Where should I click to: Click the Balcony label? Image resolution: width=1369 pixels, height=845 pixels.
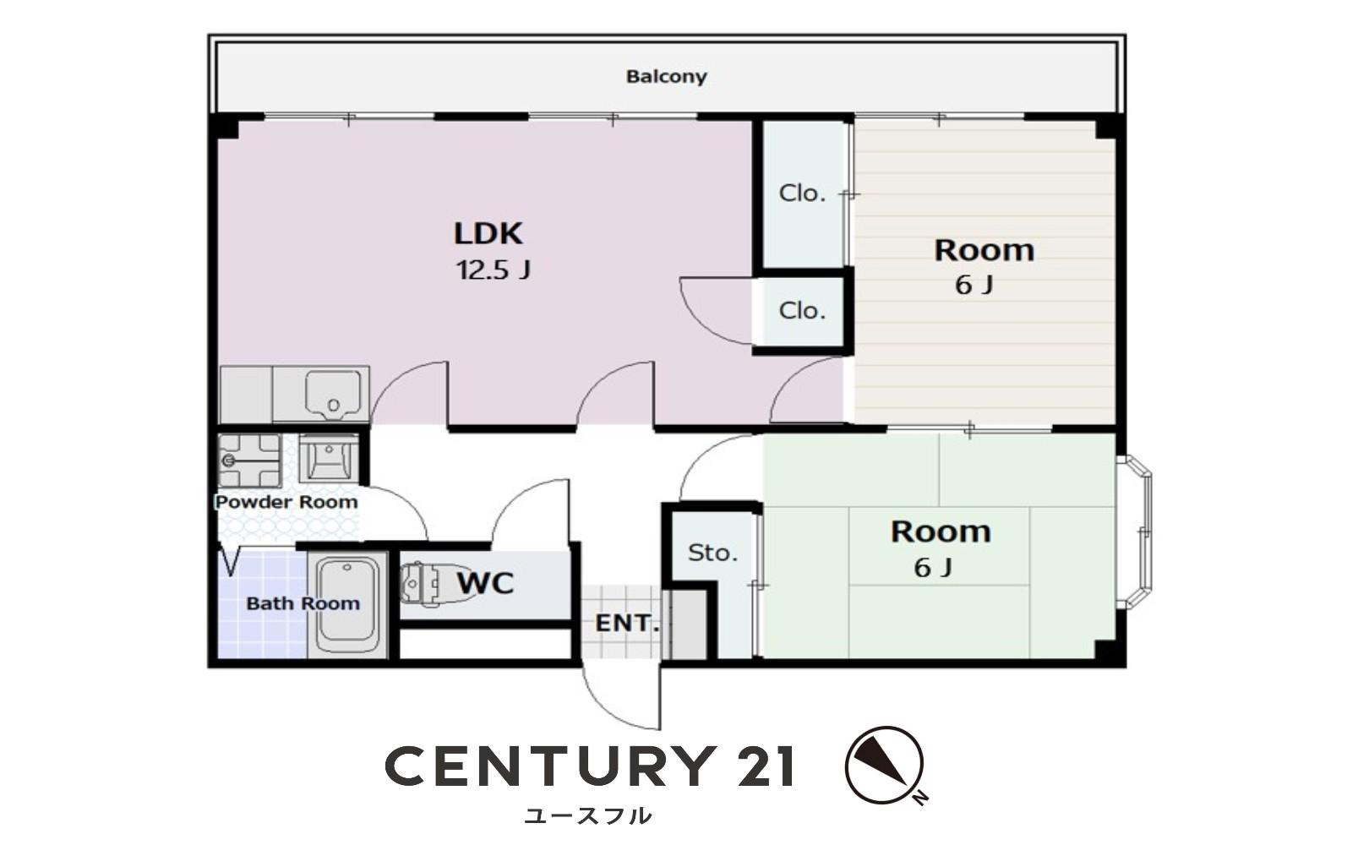[666, 77]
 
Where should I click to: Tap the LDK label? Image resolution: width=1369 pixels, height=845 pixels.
[488, 233]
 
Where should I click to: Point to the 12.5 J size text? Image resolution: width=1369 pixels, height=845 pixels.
[494, 270]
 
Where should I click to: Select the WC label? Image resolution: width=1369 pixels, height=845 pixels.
[485, 583]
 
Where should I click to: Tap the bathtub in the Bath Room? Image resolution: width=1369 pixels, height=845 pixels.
[347, 606]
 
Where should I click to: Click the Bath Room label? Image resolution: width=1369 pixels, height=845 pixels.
[303, 603]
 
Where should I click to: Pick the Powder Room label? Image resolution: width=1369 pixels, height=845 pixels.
[286, 502]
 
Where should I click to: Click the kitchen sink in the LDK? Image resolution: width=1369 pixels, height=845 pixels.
[332, 393]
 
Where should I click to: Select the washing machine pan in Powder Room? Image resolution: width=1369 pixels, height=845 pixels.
[249, 461]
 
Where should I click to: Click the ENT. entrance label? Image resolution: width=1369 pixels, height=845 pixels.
[627, 624]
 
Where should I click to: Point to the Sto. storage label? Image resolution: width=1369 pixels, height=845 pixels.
[712, 553]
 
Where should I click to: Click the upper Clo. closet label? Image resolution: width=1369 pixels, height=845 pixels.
[802, 194]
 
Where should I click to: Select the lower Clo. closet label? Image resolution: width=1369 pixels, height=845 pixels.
[802, 311]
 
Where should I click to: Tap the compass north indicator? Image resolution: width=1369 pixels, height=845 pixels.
[884, 765]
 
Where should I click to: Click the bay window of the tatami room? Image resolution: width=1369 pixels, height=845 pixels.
[1136, 532]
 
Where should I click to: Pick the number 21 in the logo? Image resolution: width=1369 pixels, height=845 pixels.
[766, 766]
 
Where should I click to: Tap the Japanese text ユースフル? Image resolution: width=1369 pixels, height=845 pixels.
[588, 815]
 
